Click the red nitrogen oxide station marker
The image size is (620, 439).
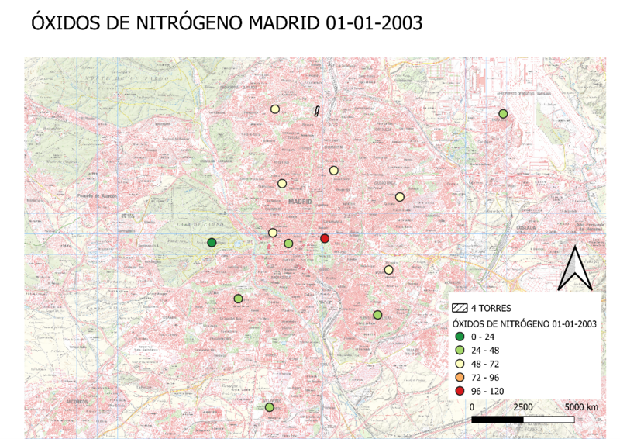click(325, 238)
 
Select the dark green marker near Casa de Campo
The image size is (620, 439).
click(212, 243)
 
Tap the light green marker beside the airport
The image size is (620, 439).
click(503, 114)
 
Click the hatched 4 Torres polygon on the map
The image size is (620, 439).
click(317, 111)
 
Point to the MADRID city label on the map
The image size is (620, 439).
click(299, 202)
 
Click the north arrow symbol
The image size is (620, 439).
click(577, 268)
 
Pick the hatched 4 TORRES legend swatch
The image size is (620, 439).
click(460, 309)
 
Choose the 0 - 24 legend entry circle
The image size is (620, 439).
click(461, 337)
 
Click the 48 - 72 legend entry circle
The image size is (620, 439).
click(461, 363)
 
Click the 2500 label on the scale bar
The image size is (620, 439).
click(522, 407)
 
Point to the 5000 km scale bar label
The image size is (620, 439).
click(580, 407)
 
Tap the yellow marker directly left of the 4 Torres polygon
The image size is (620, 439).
click(274, 109)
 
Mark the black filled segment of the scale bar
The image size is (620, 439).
click(498, 420)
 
